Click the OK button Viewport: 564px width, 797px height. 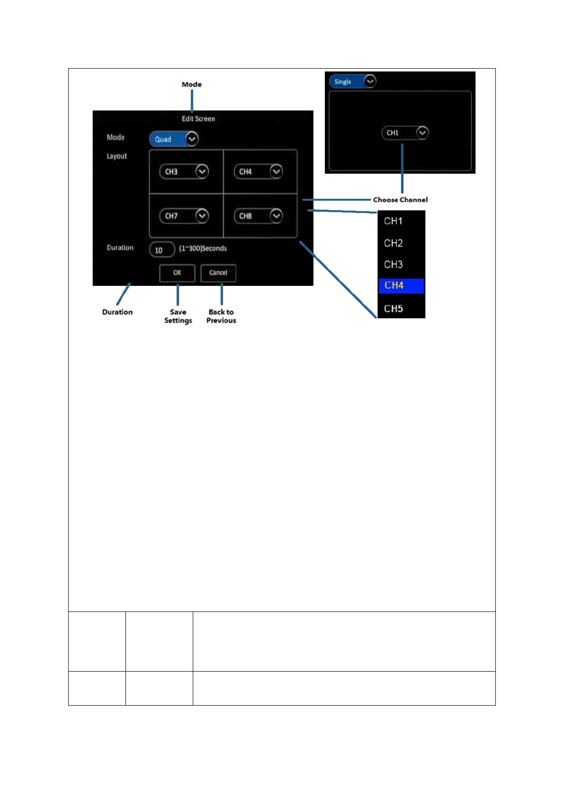(x=177, y=273)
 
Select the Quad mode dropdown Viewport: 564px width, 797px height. (x=173, y=139)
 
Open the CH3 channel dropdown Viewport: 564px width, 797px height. (x=184, y=171)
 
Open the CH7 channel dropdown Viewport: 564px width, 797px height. (x=184, y=216)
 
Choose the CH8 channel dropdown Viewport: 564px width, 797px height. (x=258, y=216)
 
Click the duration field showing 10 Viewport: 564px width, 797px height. (x=162, y=250)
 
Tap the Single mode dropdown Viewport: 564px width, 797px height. (x=352, y=81)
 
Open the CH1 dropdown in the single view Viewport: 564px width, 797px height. (x=405, y=133)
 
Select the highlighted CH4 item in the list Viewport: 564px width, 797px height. (x=401, y=285)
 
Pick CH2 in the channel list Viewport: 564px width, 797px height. (x=394, y=243)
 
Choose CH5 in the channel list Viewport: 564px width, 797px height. (x=394, y=309)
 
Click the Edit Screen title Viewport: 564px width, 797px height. (x=198, y=119)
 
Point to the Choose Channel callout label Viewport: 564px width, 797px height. (x=400, y=200)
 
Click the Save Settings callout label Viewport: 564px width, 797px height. (x=178, y=316)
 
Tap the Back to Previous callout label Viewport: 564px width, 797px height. (x=221, y=316)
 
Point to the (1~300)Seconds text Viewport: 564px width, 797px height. (x=203, y=248)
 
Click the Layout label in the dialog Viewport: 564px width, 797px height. (x=116, y=156)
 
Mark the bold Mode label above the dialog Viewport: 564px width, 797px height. (x=192, y=84)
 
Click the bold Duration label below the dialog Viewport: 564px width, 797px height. (x=117, y=312)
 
